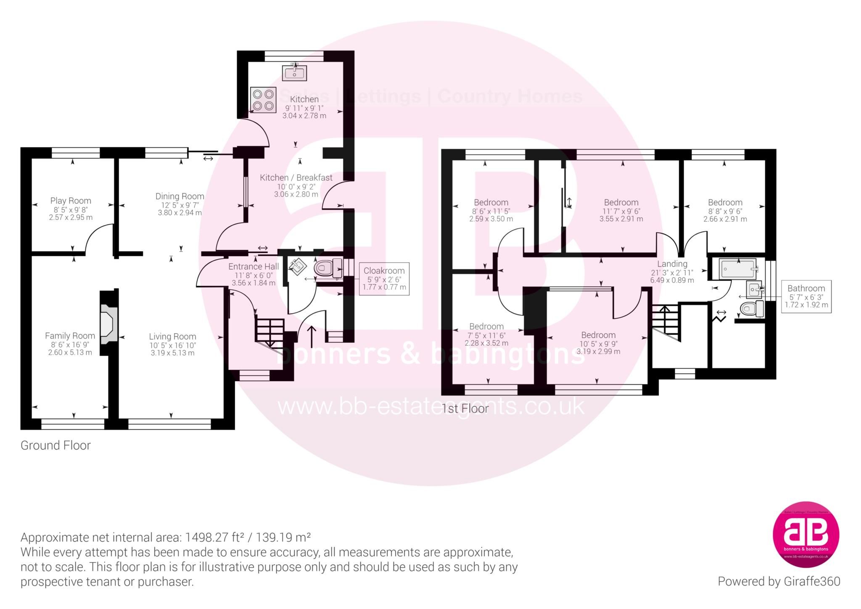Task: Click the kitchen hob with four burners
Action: tap(262, 100)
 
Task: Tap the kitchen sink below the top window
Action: tap(295, 74)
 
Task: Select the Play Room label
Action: tap(71, 201)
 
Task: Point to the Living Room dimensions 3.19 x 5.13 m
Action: tap(172, 353)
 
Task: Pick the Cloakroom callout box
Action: tap(384, 279)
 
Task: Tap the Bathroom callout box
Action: tap(806, 297)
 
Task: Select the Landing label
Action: tap(672, 264)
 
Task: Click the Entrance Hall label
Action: tap(254, 267)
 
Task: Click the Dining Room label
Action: tap(180, 196)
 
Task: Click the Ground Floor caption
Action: tap(55, 445)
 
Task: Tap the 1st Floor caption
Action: tap(465, 408)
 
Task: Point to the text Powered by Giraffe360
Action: tap(779, 581)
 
